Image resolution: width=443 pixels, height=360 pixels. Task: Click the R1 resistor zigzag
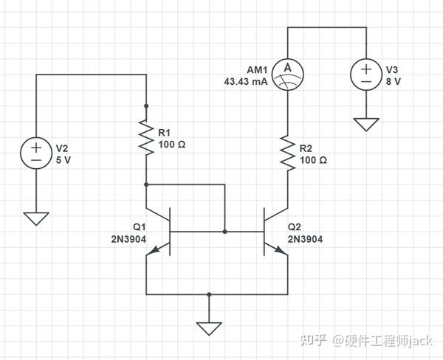point(146,137)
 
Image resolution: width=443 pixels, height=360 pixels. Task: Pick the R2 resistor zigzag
point(288,153)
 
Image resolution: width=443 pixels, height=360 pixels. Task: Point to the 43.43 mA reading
point(246,82)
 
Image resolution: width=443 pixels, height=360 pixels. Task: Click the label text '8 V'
point(394,82)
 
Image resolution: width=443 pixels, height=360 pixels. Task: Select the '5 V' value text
point(63,160)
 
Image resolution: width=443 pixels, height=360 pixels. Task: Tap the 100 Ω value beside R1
point(172,145)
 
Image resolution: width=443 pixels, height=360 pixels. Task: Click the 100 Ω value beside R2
point(313,160)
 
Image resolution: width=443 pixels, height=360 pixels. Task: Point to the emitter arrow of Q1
point(154,249)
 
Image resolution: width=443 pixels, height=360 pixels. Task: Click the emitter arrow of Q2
point(281,249)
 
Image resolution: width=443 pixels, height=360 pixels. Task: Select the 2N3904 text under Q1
point(128,239)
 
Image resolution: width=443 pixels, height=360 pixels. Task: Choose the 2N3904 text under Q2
point(305,239)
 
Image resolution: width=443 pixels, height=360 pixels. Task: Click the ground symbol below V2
point(36,219)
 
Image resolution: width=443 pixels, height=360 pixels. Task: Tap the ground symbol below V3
point(366,125)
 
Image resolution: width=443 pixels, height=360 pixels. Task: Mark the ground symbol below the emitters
point(209,329)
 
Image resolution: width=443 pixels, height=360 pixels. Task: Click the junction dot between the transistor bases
point(225,232)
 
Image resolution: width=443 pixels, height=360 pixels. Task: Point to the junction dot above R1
point(146,106)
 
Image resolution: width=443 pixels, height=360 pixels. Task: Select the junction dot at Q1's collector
point(146,184)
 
